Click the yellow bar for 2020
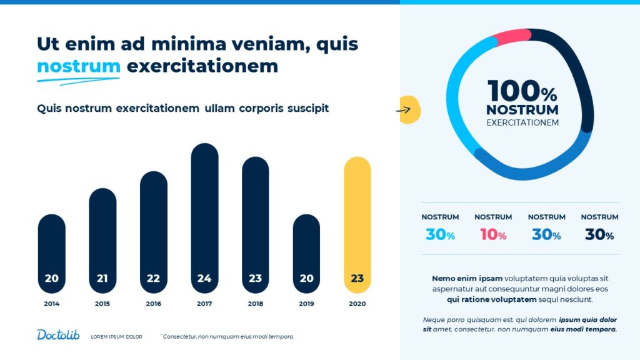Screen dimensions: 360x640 (x=357, y=225)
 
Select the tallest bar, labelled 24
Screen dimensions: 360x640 (x=204, y=219)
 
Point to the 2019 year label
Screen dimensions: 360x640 (x=306, y=304)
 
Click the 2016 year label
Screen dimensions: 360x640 (x=153, y=304)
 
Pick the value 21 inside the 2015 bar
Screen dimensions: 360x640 (x=102, y=279)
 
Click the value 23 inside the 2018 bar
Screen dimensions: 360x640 (x=255, y=279)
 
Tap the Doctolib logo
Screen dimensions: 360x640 (x=58, y=335)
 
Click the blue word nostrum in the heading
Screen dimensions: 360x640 (x=78, y=66)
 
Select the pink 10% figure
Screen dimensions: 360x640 (x=493, y=235)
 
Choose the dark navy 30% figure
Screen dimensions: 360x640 (x=599, y=235)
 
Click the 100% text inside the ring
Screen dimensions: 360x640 (x=522, y=92)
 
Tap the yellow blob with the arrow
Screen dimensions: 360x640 (x=410, y=110)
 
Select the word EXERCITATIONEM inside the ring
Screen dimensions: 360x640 (x=522, y=123)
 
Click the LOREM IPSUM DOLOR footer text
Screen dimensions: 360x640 (x=116, y=337)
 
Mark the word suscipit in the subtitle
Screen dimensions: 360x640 (x=308, y=108)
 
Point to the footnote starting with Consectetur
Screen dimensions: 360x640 (x=227, y=337)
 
